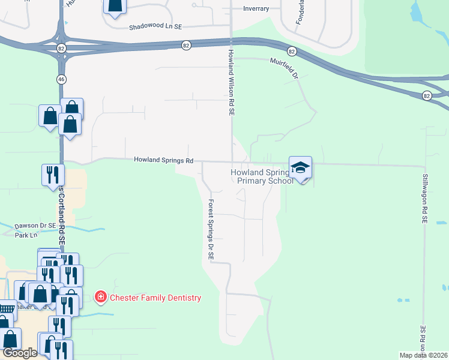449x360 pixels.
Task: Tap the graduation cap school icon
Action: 300,168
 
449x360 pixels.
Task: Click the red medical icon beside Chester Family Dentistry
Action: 100,297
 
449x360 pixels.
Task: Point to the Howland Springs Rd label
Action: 163,160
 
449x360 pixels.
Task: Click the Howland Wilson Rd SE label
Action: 231,83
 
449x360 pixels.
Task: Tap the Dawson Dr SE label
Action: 35,225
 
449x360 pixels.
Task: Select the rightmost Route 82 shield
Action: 426,95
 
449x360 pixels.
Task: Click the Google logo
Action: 19,353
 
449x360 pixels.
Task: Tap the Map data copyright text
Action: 424,355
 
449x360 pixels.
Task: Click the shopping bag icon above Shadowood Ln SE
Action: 115,5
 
